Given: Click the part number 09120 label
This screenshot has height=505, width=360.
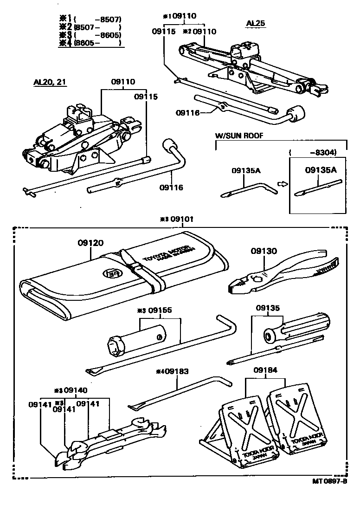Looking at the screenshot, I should click(x=90, y=242).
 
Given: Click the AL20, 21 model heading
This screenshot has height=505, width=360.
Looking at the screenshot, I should click(x=50, y=82).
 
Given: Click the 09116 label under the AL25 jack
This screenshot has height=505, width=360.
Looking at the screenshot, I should click(x=188, y=113).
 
